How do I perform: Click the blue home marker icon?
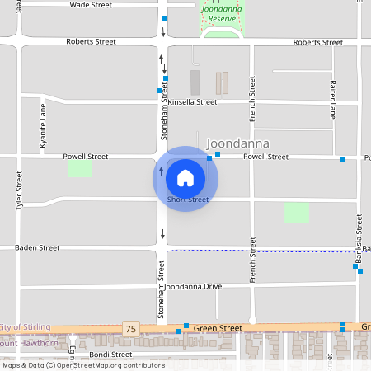click(185, 177)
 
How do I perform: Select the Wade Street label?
click(91, 5)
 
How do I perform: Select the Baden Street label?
click(37, 247)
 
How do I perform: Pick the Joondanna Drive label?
click(194, 286)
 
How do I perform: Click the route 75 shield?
click(129, 328)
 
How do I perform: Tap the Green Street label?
click(218, 328)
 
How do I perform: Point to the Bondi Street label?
click(110, 355)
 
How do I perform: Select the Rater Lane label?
click(333, 97)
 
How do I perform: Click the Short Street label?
click(188, 200)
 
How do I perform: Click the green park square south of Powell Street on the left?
click(79, 168)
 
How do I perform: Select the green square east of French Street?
click(297, 213)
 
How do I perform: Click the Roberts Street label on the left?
click(91, 40)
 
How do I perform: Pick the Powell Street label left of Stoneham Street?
click(86, 156)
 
